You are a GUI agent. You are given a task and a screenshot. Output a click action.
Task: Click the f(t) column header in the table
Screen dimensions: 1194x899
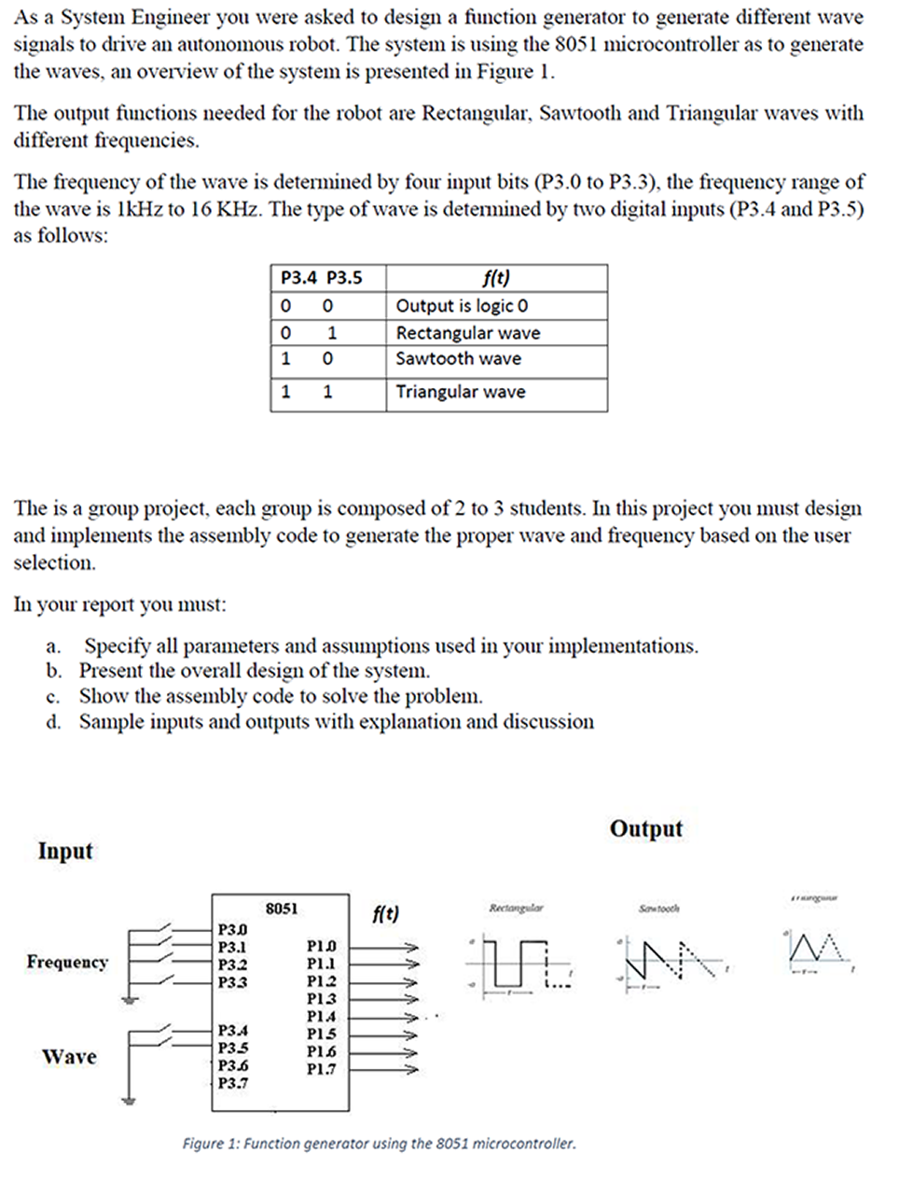pos(495,278)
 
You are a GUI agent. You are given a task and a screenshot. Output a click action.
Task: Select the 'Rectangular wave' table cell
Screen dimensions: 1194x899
pos(467,333)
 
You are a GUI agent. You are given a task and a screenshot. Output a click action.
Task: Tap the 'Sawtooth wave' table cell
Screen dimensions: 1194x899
pos(458,359)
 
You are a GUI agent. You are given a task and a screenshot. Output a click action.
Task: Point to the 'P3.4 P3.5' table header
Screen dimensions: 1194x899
pos(321,278)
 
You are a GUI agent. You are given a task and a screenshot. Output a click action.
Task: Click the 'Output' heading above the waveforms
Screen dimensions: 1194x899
pos(645,828)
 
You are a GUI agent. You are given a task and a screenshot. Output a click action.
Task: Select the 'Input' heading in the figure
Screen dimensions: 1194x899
pos(65,851)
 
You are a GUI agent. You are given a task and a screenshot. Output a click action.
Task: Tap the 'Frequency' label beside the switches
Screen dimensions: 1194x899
pos(67,962)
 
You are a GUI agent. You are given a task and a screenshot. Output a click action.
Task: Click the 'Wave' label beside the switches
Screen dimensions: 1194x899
pos(69,1057)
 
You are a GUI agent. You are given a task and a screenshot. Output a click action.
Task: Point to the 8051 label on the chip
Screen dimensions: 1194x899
pos(282,908)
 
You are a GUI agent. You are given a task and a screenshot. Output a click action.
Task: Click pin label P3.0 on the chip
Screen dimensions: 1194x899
pos(232,929)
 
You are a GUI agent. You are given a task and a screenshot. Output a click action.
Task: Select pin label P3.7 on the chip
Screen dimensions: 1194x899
pos(232,1083)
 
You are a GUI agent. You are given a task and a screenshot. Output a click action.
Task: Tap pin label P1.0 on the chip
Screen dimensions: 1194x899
pos(321,946)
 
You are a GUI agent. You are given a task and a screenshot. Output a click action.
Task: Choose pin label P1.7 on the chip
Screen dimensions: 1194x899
pos(321,1069)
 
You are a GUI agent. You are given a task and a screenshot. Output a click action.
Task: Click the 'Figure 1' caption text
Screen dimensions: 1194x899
pos(379,1143)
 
